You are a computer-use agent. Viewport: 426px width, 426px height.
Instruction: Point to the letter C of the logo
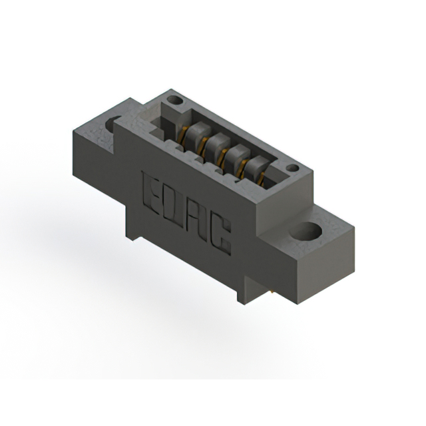point(220,236)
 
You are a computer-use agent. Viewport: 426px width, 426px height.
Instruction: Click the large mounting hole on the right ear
point(306,231)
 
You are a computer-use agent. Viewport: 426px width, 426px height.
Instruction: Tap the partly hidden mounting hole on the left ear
point(112,124)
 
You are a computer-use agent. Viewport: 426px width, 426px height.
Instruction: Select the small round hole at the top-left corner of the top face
point(175,101)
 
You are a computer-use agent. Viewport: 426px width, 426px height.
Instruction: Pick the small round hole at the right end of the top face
point(293,168)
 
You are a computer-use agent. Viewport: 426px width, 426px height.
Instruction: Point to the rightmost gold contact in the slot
point(261,179)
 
